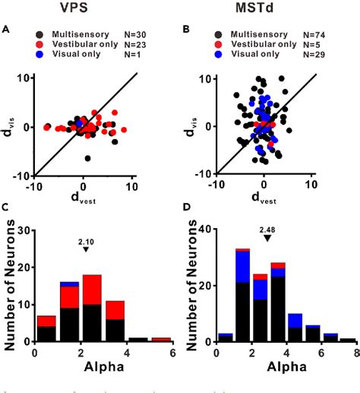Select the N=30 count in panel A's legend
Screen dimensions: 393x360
click(138, 36)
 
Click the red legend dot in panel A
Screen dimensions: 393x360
click(39, 46)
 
